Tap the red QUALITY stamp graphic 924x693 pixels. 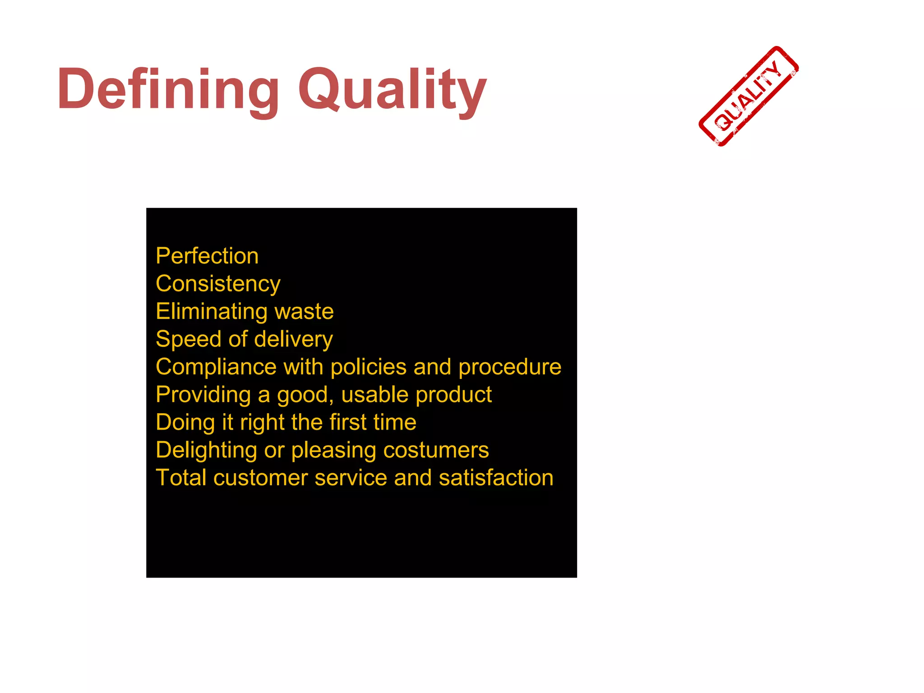(x=748, y=96)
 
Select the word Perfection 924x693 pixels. (x=207, y=256)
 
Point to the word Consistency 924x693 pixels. (x=218, y=284)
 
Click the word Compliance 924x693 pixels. (x=215, y=367)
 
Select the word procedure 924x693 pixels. (x=510, y=367)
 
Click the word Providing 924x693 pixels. (x=203, y=395)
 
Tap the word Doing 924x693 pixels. (x=185, y=423)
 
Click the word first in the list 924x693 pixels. (x=348, y=422)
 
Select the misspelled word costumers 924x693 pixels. (x=436, y=450)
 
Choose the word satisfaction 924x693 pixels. (x=496, y=478)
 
